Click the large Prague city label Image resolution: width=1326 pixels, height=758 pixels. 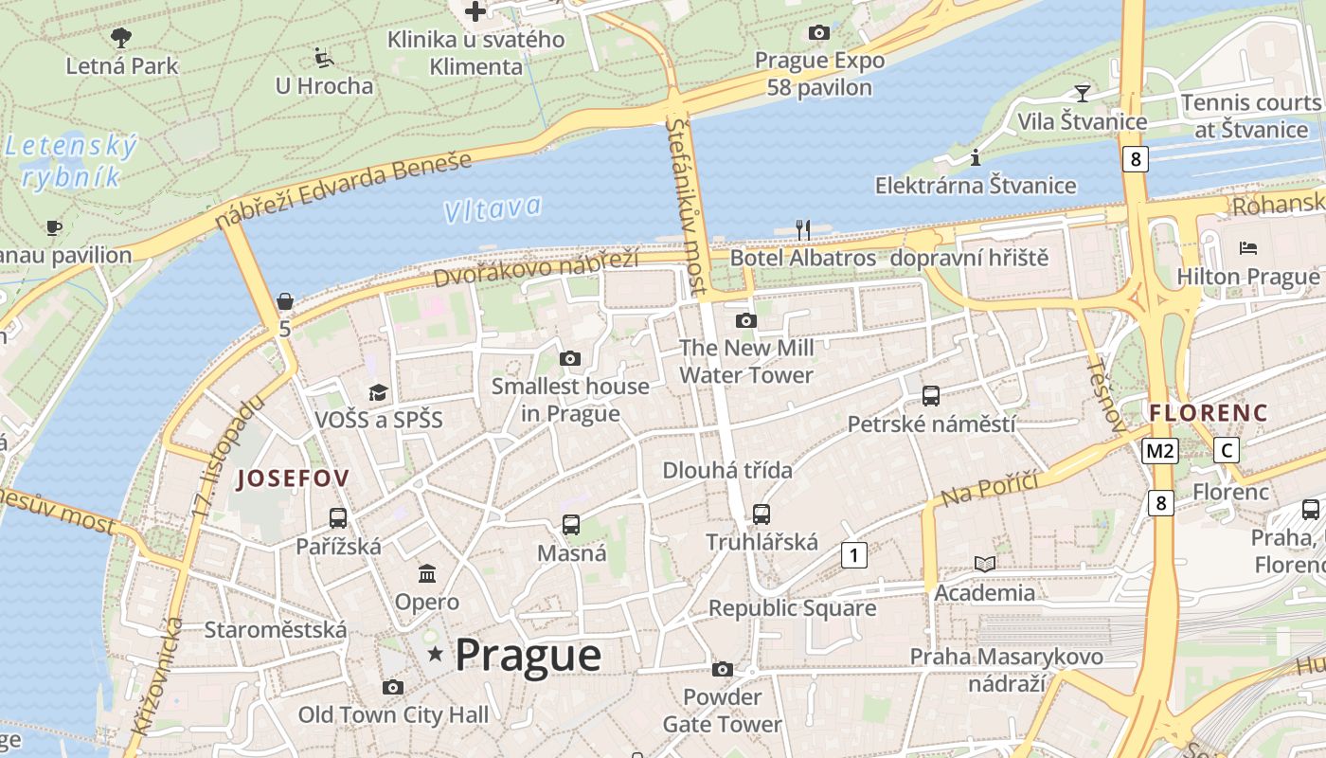coord(528,655)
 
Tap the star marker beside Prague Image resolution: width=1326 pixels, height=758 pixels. coord(436,654)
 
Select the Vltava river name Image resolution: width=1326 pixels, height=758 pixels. coord(493,208)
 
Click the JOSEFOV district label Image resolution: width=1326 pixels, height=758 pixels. coord(293,478)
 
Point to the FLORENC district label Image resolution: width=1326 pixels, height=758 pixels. coord(1208,413)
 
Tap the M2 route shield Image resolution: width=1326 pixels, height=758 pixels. coord(1159,451)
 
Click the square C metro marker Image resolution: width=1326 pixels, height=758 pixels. coord(1227,450)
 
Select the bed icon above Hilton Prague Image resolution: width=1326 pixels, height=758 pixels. coord(1248,248)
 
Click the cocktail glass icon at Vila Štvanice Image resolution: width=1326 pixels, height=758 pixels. coord(1082,93)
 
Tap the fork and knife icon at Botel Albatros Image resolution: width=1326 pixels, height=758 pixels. coord(803,229)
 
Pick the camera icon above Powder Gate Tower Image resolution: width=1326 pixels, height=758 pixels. coord(723,670)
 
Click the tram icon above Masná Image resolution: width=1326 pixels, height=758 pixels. coord(570,524)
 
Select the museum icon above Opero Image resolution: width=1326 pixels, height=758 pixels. coord(427,574)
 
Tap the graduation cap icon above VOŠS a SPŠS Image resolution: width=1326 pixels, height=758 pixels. coord(378,392)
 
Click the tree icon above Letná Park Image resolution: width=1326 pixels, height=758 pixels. coord(121,38)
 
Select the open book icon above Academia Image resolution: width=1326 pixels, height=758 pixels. coord(985,565)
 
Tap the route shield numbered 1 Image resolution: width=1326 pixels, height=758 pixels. coord(854,554)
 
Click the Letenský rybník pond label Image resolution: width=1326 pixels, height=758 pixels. coord(71,162)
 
